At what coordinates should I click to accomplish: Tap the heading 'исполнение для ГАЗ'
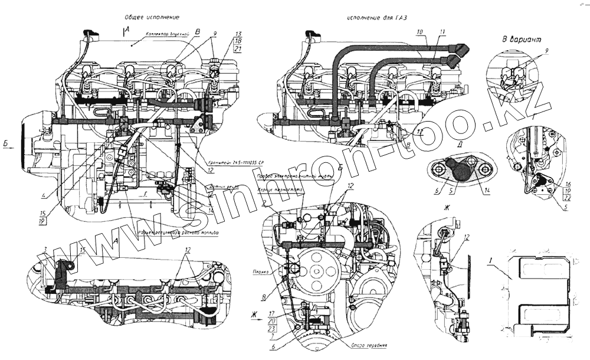coord(374,18)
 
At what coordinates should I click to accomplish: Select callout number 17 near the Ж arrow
coord(271,313)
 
